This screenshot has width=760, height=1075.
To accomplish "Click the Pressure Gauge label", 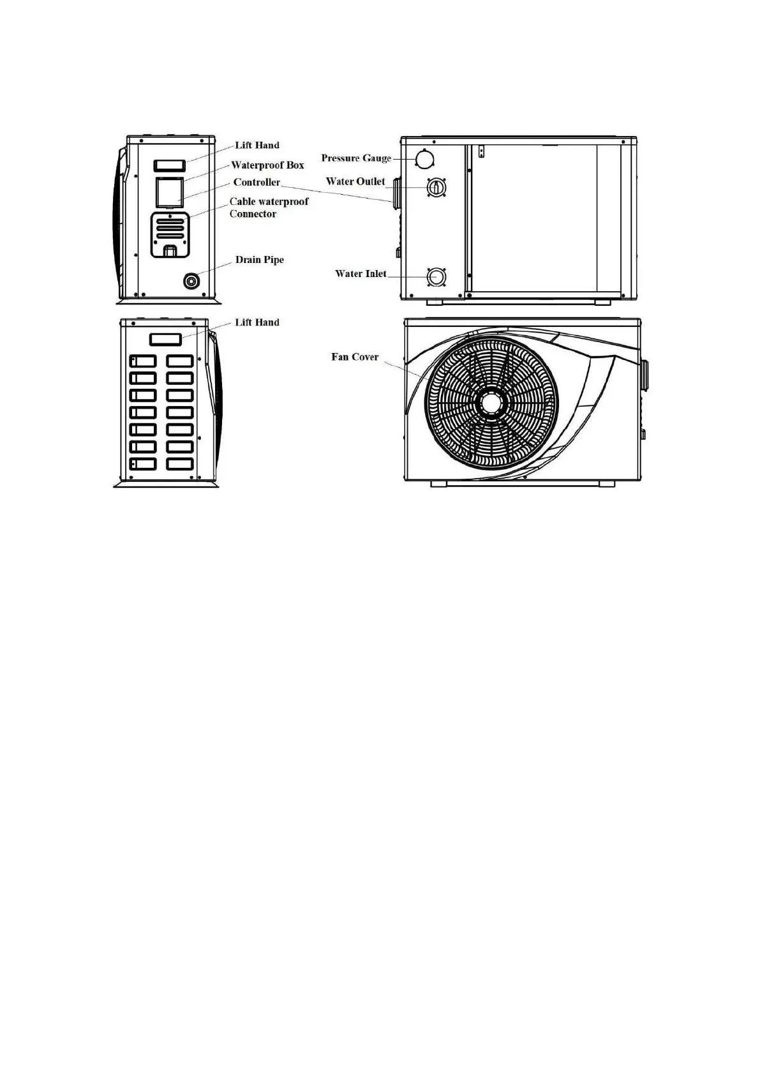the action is click(355, 158).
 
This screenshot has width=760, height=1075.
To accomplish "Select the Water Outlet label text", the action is click(355, 181).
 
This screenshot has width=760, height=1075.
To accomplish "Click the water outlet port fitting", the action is click(437, 187).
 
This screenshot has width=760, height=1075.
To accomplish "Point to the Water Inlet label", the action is click(361, 274).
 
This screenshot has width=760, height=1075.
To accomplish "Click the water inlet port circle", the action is click(437, 277).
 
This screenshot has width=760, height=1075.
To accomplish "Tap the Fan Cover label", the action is click(355, 357).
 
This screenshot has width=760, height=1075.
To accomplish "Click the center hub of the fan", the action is click(491, 403).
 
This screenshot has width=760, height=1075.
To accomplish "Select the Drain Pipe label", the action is click(259, 260).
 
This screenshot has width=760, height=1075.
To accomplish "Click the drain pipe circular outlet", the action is click(191, 281).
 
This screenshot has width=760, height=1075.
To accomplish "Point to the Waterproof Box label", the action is click(267, 165).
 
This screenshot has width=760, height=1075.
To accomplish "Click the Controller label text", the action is click(257, 183).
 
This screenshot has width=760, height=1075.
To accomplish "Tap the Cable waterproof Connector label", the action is click(268, 207).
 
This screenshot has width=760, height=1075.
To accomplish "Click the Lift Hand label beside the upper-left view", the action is click(257, 146).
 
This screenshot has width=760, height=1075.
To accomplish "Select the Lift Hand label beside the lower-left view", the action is click(257, 322).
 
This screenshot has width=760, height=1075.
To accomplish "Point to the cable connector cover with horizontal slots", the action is click(170, 234).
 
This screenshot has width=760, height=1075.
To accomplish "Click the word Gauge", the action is click(376, 158).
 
